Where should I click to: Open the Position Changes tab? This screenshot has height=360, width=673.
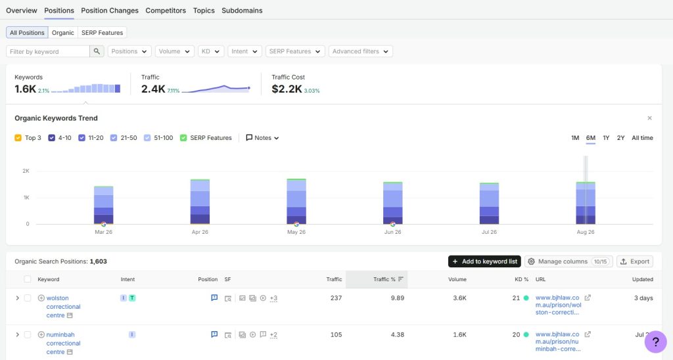coord(110,11)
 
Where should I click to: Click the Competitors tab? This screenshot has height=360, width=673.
coord(166,11)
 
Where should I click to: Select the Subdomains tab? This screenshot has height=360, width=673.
coord(242,11)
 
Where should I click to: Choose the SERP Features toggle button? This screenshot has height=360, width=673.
coord(102,33)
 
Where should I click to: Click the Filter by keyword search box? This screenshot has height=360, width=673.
coord(47,51)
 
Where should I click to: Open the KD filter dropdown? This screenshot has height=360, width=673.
coord(211,51)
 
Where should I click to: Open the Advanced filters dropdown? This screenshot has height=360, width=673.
coord(361,51)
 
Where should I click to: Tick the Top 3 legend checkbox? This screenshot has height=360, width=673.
coord(18,138)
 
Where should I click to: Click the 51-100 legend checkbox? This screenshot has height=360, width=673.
coord(147,138)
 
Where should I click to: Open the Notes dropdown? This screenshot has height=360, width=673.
coord(262,138)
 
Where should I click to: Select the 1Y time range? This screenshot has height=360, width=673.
coord(606,138)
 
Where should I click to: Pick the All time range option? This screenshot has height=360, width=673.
coord(642,138)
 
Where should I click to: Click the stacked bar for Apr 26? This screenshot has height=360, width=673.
coord(200,202)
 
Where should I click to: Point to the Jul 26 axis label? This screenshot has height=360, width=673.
coord(489,232)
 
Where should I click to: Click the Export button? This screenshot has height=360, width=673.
coord(635,261)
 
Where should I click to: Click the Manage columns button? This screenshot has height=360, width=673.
coord(569,261)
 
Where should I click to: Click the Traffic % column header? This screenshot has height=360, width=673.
coord(384,279)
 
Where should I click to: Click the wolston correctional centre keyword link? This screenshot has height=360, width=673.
coord(63,306)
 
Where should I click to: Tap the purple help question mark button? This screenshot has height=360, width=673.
coord(655,342)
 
